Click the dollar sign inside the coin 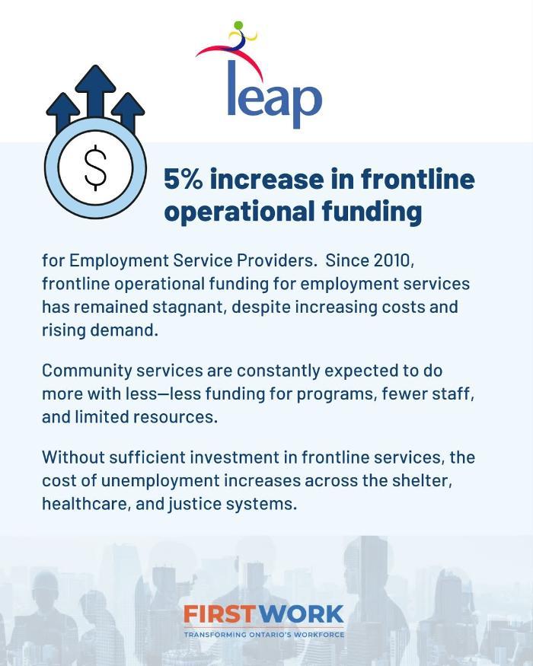pyautogui.click(x=96, y=167)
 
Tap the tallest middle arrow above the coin pyautogui.click(x=96, y=91)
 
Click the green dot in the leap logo pyautogui.click(x=238, y=25)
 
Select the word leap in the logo pyautogui.click(x=275, y=94)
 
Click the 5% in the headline pyautogui.click(x=184, y=179)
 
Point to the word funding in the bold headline pyautogui.click(x=372, y=211)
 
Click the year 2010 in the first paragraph pyautogui.click(x=393, y=260)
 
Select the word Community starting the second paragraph pyautogui.click(x=86, y=371)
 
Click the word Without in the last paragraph pyautogui.click(x=73, y=457)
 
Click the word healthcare pyautogui.click(x=86, y=504)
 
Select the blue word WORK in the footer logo pyautogui.click(x=302, y=614)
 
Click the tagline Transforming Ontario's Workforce pyautogui.click(x=264, y=635)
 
